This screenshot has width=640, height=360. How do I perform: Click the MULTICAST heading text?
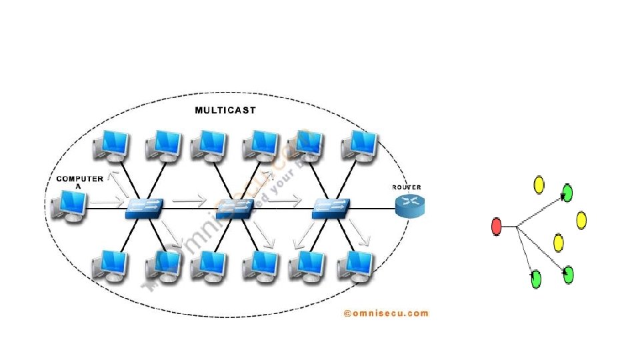225,110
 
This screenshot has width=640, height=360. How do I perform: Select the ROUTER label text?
406,187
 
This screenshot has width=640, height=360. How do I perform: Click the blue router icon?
409,207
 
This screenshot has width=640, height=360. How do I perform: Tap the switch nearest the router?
331,209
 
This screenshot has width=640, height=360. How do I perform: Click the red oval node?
496,227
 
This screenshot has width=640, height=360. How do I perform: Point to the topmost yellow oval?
539,185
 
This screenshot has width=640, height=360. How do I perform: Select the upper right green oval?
567,193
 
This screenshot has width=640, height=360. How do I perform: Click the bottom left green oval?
536,279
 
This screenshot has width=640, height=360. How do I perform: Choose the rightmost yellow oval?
581,220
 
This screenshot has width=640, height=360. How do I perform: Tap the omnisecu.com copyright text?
386,312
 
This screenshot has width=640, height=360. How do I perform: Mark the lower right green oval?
568,274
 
